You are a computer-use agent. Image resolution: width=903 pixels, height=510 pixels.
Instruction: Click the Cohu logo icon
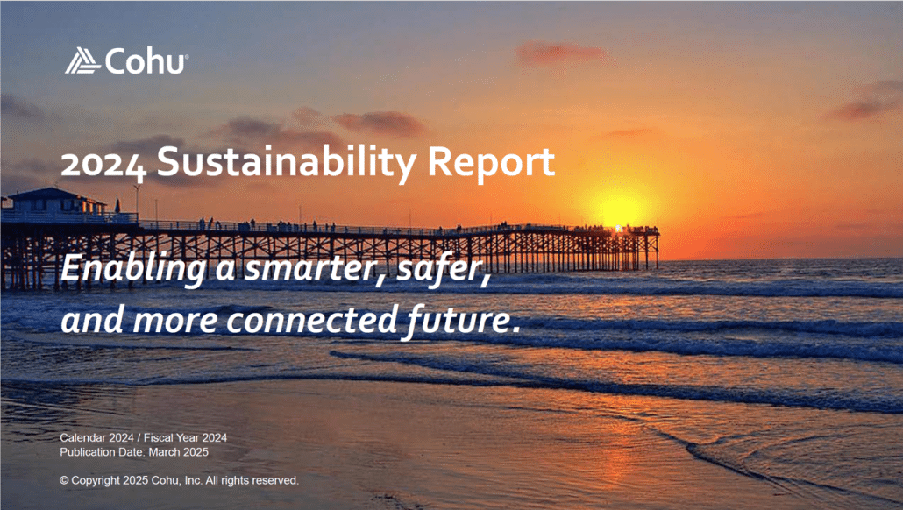pos(82,60)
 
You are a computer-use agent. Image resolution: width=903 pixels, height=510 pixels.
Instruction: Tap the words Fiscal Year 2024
pos(187,437)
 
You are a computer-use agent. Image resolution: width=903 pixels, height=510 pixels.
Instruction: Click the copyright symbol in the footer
pos(64,481)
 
